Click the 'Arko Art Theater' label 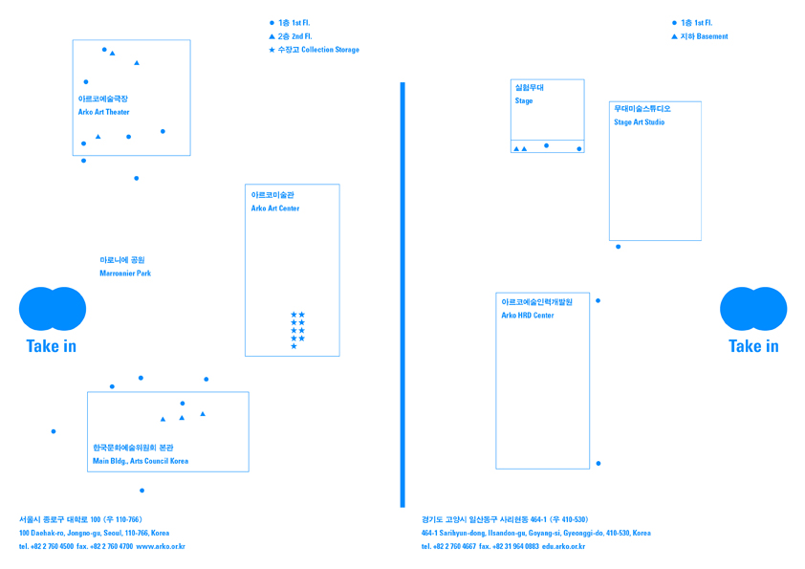coord(103,112)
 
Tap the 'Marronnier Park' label coord(125,274)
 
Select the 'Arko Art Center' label coord(275,208)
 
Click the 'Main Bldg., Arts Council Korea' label coord(141,461)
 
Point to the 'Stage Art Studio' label coord(640,122)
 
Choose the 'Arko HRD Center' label coord(528,316)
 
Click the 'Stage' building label coord(524,100)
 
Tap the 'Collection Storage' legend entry coord(330,50)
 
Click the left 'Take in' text coord(52,346)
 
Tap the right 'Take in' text coord(753,346)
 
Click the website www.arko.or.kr coord(161,546)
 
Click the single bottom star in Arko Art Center coord(294,346)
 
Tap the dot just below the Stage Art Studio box coord(619,247)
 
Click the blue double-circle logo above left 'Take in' coord(53,309)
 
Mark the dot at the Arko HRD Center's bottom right coord(598,464)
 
